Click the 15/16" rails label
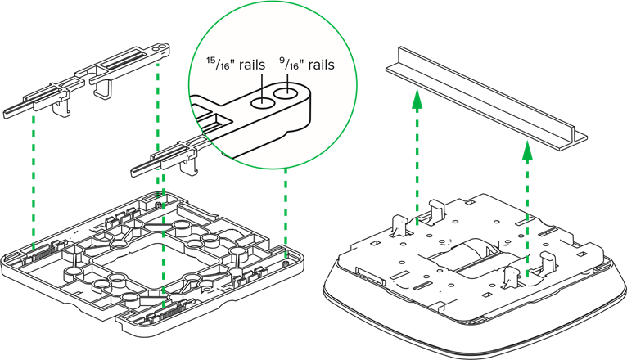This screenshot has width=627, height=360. [235, 65]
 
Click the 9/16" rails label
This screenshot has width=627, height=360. [307, 64]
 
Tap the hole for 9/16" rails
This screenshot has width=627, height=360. [286, 95]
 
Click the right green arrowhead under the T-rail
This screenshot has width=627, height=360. [528, 151]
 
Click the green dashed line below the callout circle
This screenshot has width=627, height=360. [285, 209]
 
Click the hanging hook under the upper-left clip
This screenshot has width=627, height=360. [104, 88]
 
